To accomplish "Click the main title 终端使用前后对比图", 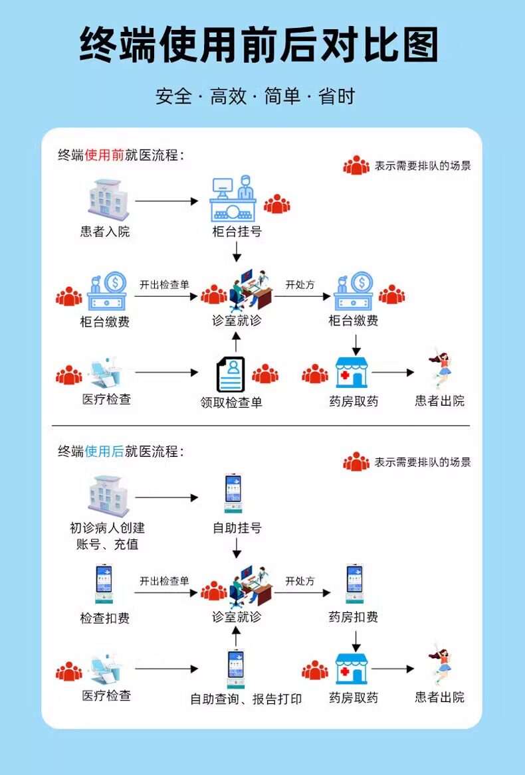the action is click(259, 45).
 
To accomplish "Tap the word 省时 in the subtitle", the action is click(337, 96).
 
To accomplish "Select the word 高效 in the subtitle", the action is click(228, 96).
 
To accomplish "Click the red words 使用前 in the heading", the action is click(104, 155).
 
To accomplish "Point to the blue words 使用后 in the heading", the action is click(104, 452).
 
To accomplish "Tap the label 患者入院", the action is click(105, 231).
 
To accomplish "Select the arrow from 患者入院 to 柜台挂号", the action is click(167, 201).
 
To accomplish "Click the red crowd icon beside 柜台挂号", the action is click(276, 204).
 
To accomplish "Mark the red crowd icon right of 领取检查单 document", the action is click(265, 374).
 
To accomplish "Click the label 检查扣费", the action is click(105, 618).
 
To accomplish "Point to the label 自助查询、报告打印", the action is click(246, 699).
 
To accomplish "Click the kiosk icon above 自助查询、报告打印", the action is click(236, 668).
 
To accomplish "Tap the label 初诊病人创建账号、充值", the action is click(107, 536).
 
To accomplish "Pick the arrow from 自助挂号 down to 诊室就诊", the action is click(237, 548).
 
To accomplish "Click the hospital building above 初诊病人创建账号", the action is click(108, 495).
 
